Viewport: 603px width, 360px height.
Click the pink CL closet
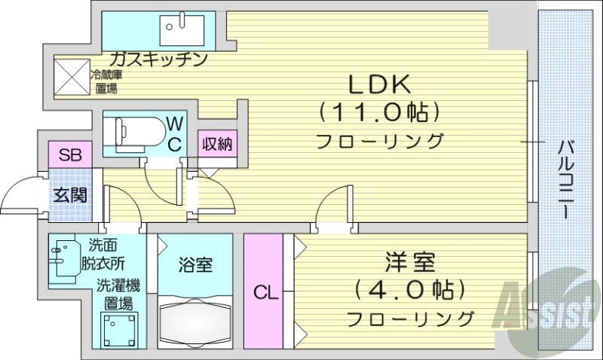click(263, 291)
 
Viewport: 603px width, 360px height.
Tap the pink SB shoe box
click(70, 157)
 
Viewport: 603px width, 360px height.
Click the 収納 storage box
click(216, 144)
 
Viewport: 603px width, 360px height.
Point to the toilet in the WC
click(136, 130)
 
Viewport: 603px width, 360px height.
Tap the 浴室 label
click(195, 264)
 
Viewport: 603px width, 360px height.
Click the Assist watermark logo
click(550, 305)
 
